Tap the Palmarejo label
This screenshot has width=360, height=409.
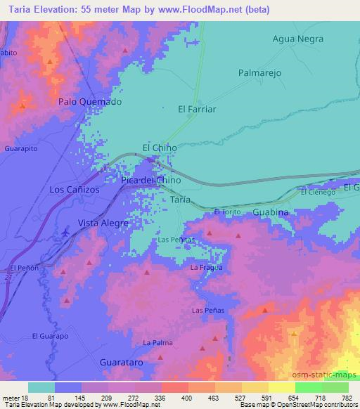click(x=259, y=72)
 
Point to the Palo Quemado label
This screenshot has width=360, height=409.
click(x=89, y=101)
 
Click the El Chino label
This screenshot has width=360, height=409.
click(x=160, y=148)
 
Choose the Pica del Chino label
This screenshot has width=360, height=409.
click(x=150, y=180)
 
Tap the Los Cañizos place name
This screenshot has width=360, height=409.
click(x=75, y=190)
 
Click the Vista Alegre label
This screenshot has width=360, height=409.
click(x=103, y=223)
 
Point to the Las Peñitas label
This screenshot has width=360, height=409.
click(x=176, y=240)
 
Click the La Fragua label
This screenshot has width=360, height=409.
click(x=207, y=267)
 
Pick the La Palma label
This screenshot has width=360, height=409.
click(x=157, y=342)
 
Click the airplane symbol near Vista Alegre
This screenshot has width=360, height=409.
click(x=66, y=231)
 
